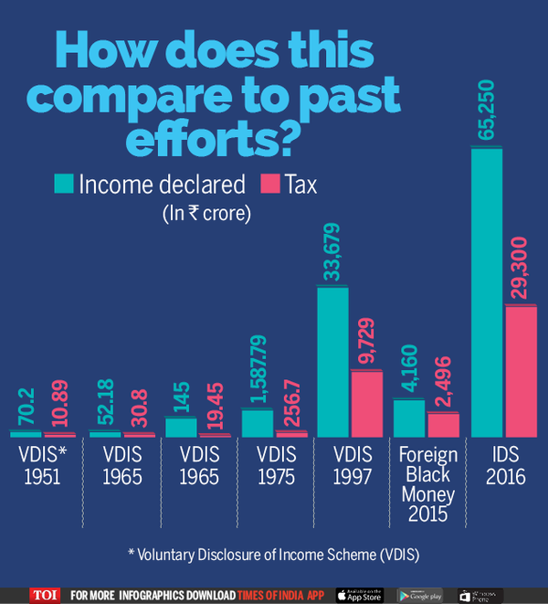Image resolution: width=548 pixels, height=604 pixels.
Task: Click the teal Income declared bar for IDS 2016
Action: pyautogui.click(x=487, y=292)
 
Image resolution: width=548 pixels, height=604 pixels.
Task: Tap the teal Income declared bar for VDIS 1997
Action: pyautogui.click(x=332, y=362)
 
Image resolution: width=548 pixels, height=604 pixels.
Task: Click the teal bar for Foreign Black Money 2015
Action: pyautogui.click(x=408, y=418)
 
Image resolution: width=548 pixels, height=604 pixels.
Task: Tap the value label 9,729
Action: pyautogui.click(x=366, y=343)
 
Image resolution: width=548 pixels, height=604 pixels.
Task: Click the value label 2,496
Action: pyautogui.click(x=443, y=382)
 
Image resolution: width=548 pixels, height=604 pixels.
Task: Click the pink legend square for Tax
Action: pyautogui.click(x=269, y=185)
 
